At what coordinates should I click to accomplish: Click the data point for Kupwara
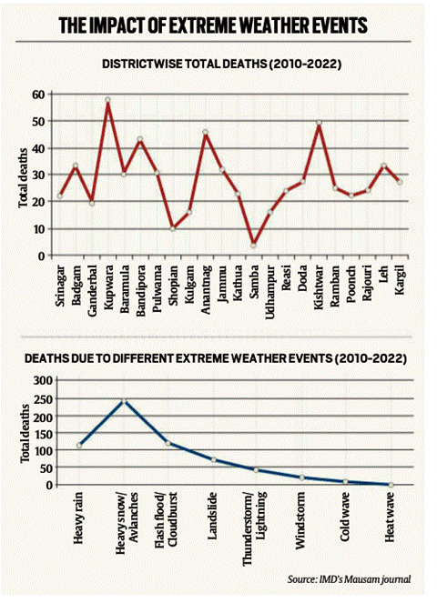[107, 100]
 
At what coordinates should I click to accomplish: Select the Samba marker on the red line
[253, 246]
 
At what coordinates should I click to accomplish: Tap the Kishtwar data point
[319, 123]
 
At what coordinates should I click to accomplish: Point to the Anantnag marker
[205, 132]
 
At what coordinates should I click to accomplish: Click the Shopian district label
[173, 284]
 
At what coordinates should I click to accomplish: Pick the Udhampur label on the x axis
[269, 292]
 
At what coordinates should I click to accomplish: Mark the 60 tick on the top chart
[40, 95]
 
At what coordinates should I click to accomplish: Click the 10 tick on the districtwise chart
[40, 229]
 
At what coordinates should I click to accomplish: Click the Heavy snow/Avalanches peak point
[124, 401]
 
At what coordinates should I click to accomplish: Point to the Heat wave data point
[391, 485]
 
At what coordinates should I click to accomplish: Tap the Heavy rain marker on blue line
[79, 446]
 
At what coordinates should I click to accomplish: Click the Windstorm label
[300, 520]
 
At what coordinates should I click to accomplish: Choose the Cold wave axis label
[345, 517]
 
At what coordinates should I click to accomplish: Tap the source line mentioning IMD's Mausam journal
[350, 578]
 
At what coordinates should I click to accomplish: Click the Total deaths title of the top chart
[23, 178]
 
